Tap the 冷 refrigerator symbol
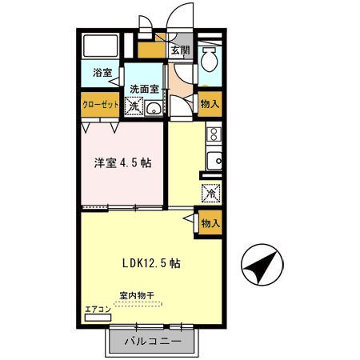click(x=210, y=193)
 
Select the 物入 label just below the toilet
click(x=210, y=103)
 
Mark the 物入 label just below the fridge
click(x=210, y=223)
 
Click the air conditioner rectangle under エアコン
click(x=97, y=317)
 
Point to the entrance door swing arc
click(x=180, y=18)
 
